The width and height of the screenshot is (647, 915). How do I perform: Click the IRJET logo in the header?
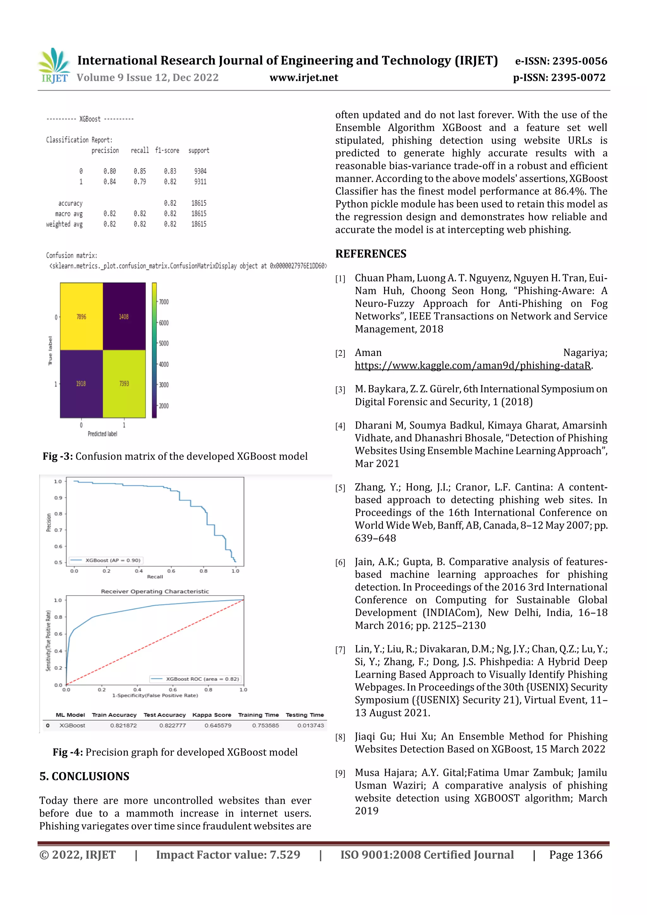coord(54,66)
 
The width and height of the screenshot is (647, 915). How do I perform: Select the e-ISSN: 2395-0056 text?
coord(560,61)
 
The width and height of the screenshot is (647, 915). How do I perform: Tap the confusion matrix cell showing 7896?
coord(81,316)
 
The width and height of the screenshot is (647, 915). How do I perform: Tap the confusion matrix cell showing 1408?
coord(124,316)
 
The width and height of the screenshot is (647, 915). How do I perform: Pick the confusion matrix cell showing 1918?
coord(81,383)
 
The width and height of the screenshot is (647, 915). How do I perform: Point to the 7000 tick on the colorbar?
coord(163,302)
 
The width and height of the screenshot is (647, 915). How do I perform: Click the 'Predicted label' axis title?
coord(102,434)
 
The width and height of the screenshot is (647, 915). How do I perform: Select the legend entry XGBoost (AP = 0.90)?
coord(106,560)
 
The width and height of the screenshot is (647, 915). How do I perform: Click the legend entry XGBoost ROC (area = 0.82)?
coord(195,679)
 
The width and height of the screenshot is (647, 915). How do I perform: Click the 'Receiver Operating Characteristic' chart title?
coord(155,591)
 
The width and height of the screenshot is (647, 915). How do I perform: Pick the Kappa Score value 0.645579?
coord(218,725)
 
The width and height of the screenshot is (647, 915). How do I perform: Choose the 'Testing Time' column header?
coord(305,715)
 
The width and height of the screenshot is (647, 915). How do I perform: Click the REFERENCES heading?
coord(371,254)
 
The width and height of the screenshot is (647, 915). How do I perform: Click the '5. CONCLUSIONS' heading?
coord(85,776)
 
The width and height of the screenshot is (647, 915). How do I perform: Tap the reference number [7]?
coord(340,650)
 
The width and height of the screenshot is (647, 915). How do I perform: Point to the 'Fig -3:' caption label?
coord(58,456)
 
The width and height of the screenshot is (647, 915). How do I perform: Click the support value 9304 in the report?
coord(200,171)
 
